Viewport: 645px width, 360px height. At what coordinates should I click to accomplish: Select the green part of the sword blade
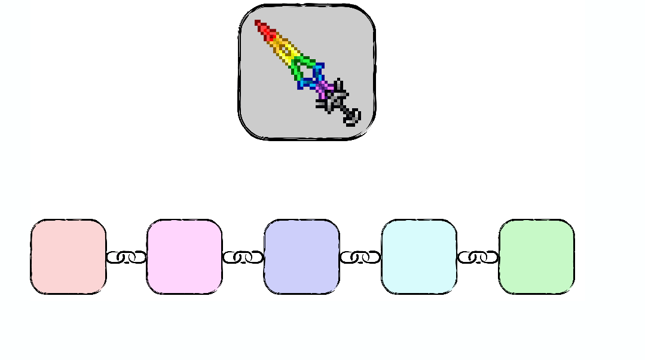299,66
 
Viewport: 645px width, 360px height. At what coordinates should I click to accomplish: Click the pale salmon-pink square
68,257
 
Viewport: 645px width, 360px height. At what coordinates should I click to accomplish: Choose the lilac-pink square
184,257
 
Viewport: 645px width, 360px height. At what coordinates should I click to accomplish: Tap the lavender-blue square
301,257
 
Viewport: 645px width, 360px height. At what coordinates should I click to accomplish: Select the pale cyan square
418,257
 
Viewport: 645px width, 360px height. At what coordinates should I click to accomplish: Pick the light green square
536,257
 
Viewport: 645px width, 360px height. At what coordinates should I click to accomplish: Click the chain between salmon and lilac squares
126,257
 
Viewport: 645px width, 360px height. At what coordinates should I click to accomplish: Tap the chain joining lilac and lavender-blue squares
243,257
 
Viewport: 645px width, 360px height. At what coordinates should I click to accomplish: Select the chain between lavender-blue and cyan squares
360,257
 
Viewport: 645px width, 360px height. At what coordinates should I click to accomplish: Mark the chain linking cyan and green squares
478,257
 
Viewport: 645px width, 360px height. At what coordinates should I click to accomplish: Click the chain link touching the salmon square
115,257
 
